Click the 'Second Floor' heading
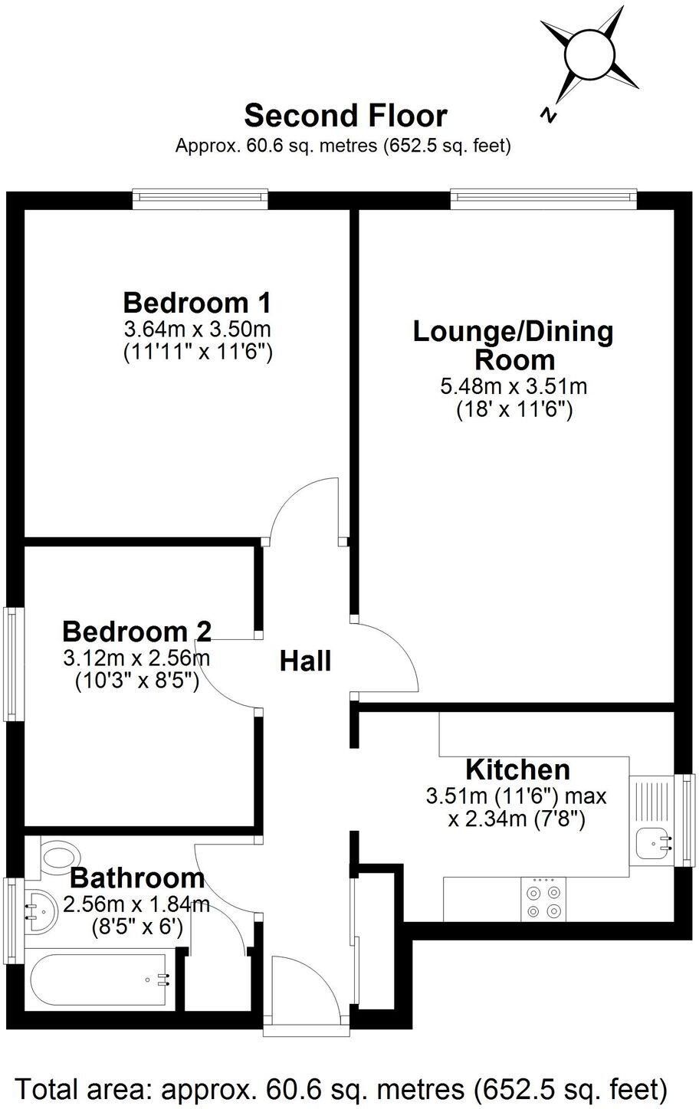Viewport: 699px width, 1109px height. [346, 116]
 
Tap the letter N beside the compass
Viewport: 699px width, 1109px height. [547, 115]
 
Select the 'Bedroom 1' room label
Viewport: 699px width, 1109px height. [197, 303]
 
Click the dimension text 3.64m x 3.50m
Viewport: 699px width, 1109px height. [197, 328]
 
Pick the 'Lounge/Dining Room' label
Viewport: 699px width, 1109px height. [514, 346]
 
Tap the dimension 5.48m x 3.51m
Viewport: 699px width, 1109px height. [514, 386]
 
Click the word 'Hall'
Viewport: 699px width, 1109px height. [306, 661]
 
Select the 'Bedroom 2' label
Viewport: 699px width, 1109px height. [136, 632]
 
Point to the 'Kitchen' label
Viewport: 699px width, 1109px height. [518, 770]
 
